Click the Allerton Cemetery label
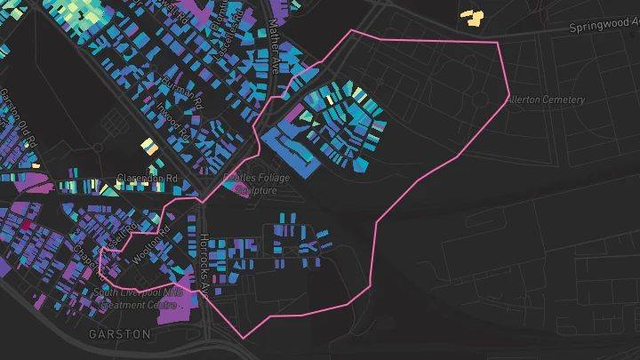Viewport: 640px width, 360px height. [546, 100]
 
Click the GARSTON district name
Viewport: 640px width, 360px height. [119, 334]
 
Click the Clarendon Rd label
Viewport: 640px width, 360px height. [148, 178]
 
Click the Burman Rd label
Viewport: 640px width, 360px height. [184, 92]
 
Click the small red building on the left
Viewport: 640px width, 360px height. [27, 226]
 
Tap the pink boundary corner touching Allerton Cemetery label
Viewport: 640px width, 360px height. [508, 93]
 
